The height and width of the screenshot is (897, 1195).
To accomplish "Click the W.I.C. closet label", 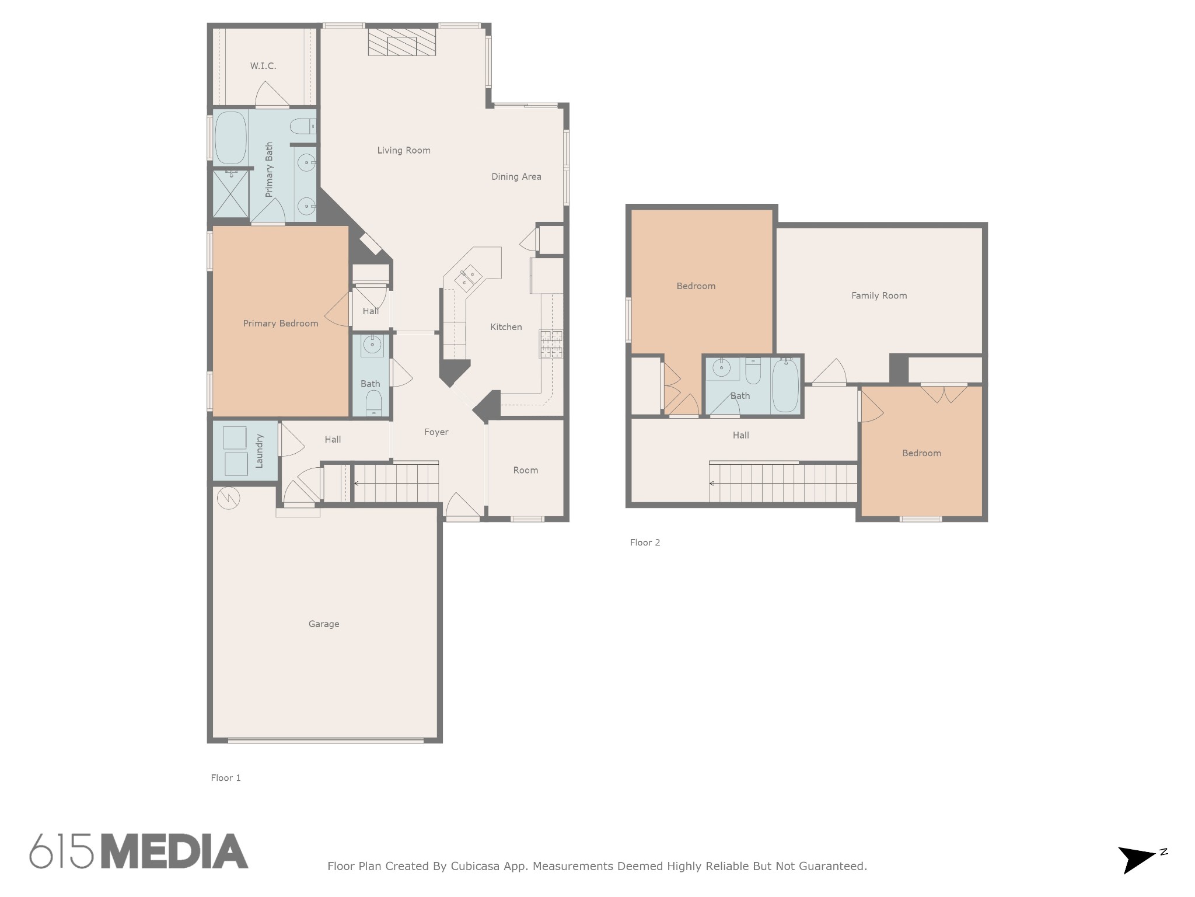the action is pyautogui.click(x=263, y=66).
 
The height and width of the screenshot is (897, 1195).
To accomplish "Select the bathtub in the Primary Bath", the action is pyautogui.click(x=230, y=138).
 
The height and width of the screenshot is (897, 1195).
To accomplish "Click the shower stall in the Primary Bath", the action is pyautogui.click(x=230, y=193).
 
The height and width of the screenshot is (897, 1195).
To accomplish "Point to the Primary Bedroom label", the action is pyautogui.click(x=281, y=324).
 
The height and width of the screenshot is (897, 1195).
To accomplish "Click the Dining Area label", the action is pyautogui.click(x=516, y=176).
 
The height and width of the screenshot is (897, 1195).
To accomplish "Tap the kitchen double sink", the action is pyautogui.click(x=468, y=277).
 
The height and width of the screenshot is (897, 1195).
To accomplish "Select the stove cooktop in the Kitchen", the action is pyautogui.click(x=551, y=344).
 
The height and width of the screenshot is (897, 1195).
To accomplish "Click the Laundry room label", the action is pyautogui.click(x=260, y=451).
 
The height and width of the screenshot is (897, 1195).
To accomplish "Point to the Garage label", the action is pyautogui.click(x=324, y=624).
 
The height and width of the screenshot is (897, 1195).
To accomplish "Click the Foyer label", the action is pyautogui.click(x=436, y=432).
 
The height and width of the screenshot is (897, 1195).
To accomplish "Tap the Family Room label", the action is pyautogui.click(x=879, y=295).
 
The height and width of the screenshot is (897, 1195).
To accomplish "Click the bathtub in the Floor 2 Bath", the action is pyautogui.click(x=785, y=386).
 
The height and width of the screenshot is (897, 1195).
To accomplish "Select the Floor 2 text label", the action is pyautogui.click(x=645, y=543).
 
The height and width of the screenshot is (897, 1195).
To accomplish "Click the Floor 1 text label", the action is pyautogui.click(x=226, y=778).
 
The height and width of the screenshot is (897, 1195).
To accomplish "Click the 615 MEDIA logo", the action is pyautogui.click(x=139, y=851).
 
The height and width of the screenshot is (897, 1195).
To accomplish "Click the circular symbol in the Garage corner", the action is pyautogui.click(x=228, y=498).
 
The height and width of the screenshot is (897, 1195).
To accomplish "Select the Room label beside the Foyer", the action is pyautogui.click(x=526, y=470).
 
